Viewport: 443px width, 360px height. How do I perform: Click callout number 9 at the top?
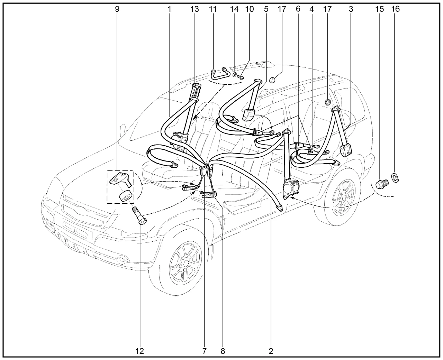click(117, 9)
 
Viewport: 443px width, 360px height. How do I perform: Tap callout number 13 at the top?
click(195, 9)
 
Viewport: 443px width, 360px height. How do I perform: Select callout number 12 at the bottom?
click(139, 351)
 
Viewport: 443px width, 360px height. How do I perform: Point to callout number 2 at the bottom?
click(271, 351)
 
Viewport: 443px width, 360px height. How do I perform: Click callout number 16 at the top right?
click(395, 9)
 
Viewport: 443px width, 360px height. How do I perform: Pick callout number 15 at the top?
click(379, 9)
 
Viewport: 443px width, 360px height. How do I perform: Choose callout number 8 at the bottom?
click(223, 351)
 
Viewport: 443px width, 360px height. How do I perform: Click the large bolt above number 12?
click(139, 215)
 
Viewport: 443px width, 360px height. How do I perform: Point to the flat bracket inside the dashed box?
click(121, 179)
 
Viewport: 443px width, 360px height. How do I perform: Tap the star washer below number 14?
click(235, 75)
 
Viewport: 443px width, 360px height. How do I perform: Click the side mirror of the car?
click(124, 130)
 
